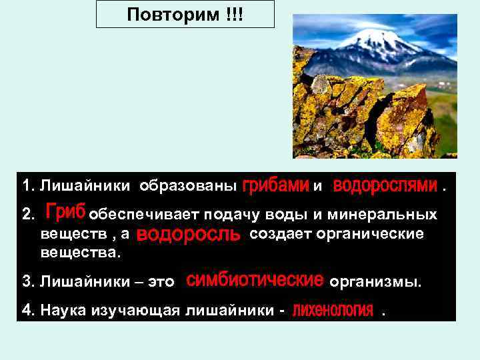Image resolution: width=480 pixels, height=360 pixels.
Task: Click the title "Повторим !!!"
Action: [185, 14]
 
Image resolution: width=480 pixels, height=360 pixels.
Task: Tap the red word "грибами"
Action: [275, 184]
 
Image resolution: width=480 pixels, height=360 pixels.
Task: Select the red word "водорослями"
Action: [385, 184]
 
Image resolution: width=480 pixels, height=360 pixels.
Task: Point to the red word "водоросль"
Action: [188, 235]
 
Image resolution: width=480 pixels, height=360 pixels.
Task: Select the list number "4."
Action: [28, 310]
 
